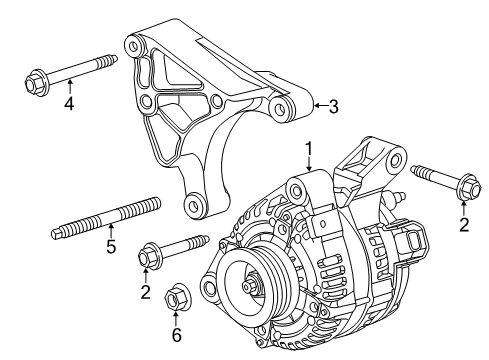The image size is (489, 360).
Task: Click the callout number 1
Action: coord(310,150)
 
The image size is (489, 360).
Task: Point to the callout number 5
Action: coord(111,271)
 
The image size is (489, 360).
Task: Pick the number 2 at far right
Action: coord(463,224)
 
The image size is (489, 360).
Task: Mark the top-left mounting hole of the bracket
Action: coord(131,43)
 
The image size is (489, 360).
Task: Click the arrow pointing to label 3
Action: coord(319,104)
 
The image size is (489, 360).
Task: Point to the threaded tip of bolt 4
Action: coord(112,61)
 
